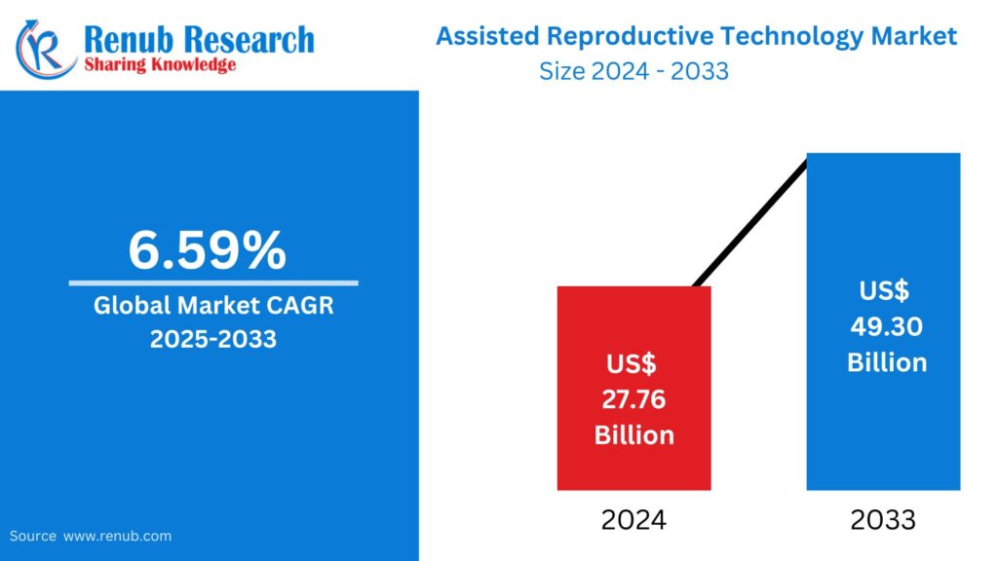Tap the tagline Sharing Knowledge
point(161,65)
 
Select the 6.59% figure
point(208,250)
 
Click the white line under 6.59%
point(212,283)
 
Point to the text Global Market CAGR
point(212,305)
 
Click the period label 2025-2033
point(212,339)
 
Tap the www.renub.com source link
point(117,536)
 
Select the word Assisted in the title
point(486,37)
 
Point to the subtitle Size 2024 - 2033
point(633,71)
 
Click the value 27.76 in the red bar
point(633,399)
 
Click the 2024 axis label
point(633,520)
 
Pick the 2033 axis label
point(883,520)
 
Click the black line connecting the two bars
point(750,221)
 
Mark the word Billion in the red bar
point(633,434)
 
